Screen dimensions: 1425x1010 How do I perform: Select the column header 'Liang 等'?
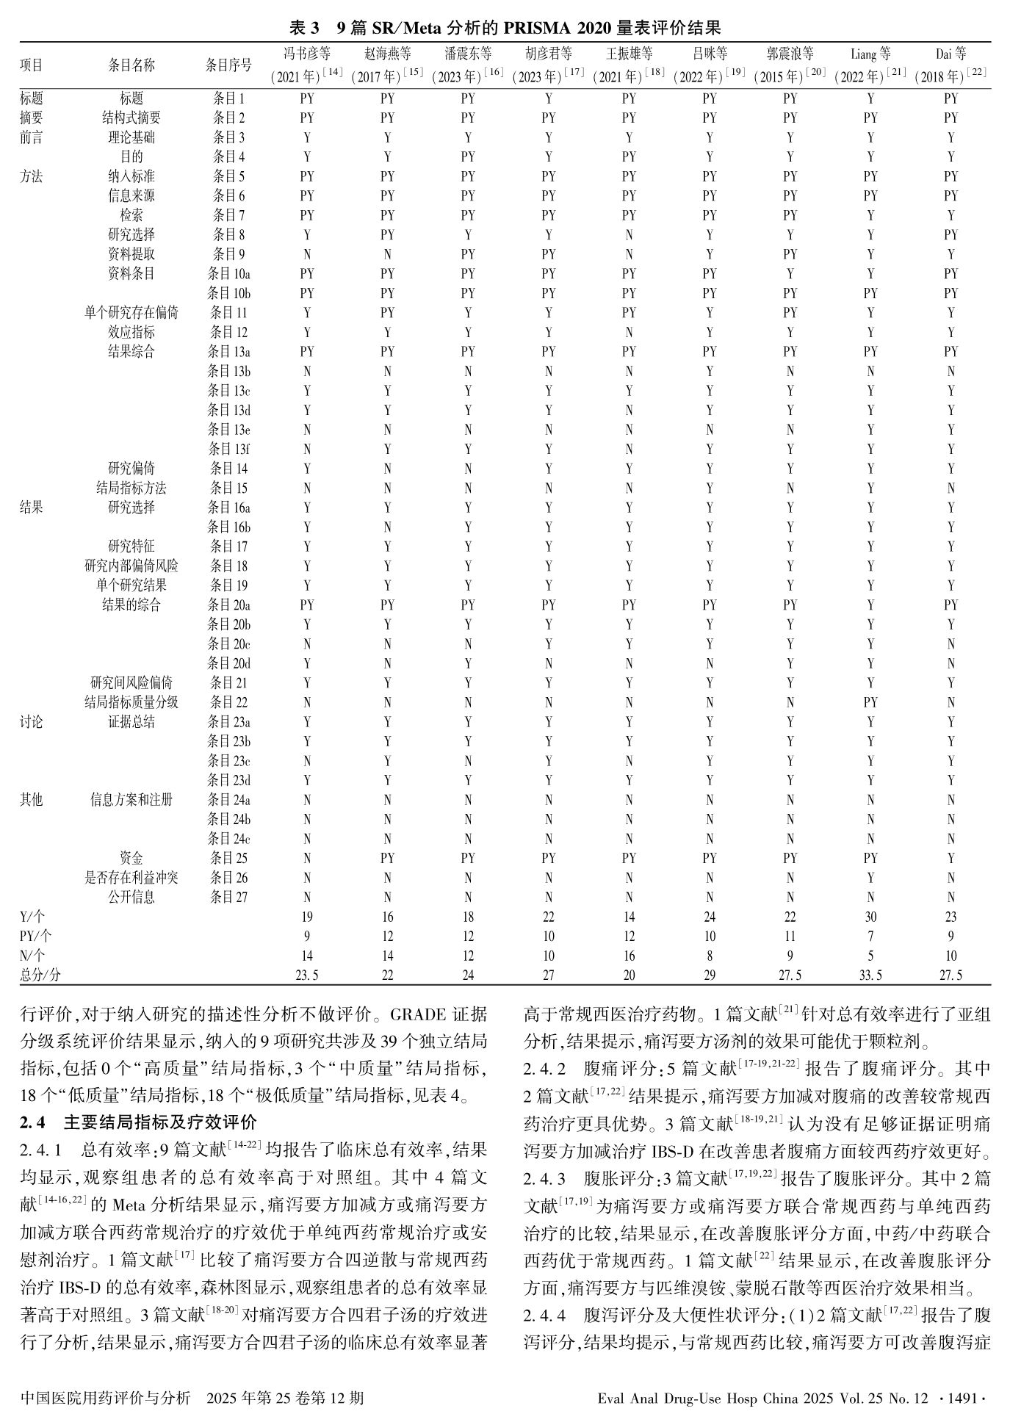coord(870,54)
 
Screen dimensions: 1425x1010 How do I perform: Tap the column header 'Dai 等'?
coord(951,54)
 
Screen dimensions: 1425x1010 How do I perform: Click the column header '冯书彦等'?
coord(307,54)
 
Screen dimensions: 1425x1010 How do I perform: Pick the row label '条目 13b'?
coord(228,371)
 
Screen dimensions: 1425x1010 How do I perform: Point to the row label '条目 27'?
coord(228,897)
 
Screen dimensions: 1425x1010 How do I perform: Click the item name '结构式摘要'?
coord(131,118)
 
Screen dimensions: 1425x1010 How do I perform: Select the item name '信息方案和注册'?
coord(131,799)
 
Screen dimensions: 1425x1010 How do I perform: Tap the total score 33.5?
coord(870,975)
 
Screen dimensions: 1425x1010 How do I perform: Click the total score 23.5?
coord(307,975)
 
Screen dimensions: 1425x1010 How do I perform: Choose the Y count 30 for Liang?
coord(870,917)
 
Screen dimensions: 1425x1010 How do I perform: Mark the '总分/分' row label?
coord(40,975)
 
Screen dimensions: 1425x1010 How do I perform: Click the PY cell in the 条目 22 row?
coord(870,702)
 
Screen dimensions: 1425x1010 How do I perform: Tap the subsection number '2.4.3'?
coord(544,1179)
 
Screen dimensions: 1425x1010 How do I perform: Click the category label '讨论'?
coord(31,722)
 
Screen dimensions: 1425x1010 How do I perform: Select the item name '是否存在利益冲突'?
coord(131,878)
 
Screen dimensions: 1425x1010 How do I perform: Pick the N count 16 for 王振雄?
coord(629,956)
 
